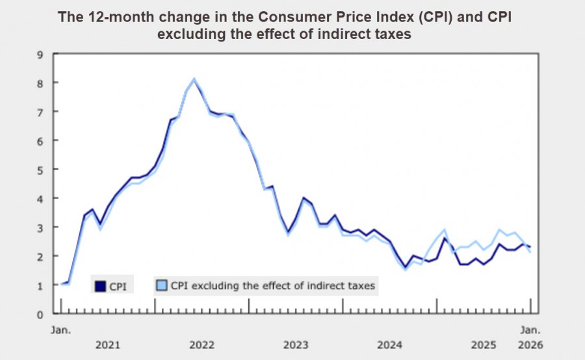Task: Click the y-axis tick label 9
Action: pyautogui.click(x=40, y=54)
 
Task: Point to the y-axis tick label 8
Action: pyautogui.click(x=40, y=83)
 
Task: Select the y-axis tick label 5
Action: pyautogui.click(x=40, y=170)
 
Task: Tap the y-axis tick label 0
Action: pyautogui.click(x=40, y=314)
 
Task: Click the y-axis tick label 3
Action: pyautogui.click(x=40, y=227)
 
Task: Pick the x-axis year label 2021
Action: pyautogui.click(x=107, y=344)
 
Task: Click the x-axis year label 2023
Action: pyautogui.click(x=296, y=344)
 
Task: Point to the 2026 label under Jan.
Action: pyautogui.click(x=530, y=344)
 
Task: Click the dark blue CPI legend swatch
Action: pyautogui.click(x=100, y=286)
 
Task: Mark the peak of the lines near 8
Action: pyautogui.click(x=194, y=79)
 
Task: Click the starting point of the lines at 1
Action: pyautogui.click(x=62, y=284)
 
